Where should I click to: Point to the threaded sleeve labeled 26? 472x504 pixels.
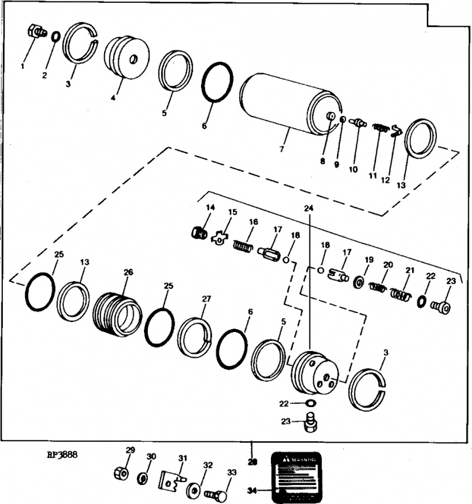[x=118, y=314]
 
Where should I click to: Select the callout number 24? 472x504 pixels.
[x=309, y=208]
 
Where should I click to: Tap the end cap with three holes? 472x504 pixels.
[x=316, y=373]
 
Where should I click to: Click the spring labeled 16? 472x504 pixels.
[x=242, y=245]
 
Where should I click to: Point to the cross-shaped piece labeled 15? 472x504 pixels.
[x=219, y=238]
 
